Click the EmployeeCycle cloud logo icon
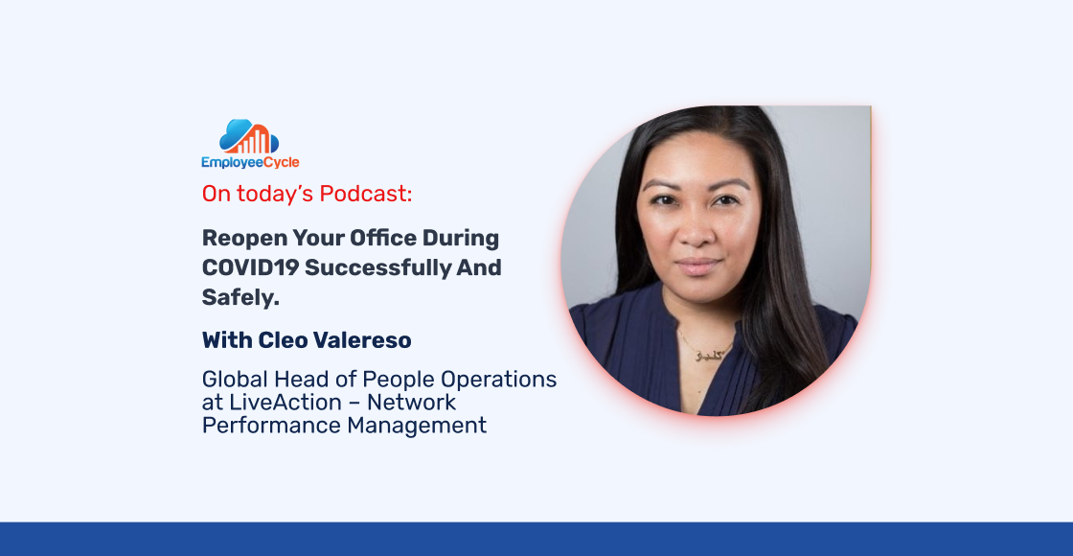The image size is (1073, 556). tap(249, 137)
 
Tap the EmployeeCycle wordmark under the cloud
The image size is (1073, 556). tap(250, 163)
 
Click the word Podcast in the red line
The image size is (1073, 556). tap(366, 195)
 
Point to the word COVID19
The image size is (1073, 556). tap(250, 267)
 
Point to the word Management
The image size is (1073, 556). tap(417, 426)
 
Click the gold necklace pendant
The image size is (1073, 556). tap(705, 355)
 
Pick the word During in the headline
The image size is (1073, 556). tap(460, 239)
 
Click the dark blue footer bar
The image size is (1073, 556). tap(536, 539)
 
